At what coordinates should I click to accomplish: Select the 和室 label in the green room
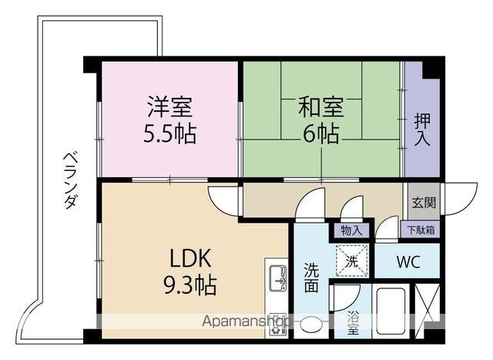[x=320, y=106]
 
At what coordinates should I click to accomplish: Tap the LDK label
[x=185, y=257]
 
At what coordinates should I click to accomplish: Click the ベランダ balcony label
[x=70, y=179]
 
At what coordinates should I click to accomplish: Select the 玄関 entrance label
[x=423, y=204]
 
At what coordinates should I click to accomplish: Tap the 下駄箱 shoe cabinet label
[x=421, y=229]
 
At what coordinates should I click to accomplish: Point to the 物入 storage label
[x=351, y=229]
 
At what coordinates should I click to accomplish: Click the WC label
[x=407, y=261]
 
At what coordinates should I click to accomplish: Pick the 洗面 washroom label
[x=310, y=278]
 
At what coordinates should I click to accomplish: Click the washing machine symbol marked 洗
[x=351, y=261]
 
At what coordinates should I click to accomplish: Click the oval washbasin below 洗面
[x=311, y=325]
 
